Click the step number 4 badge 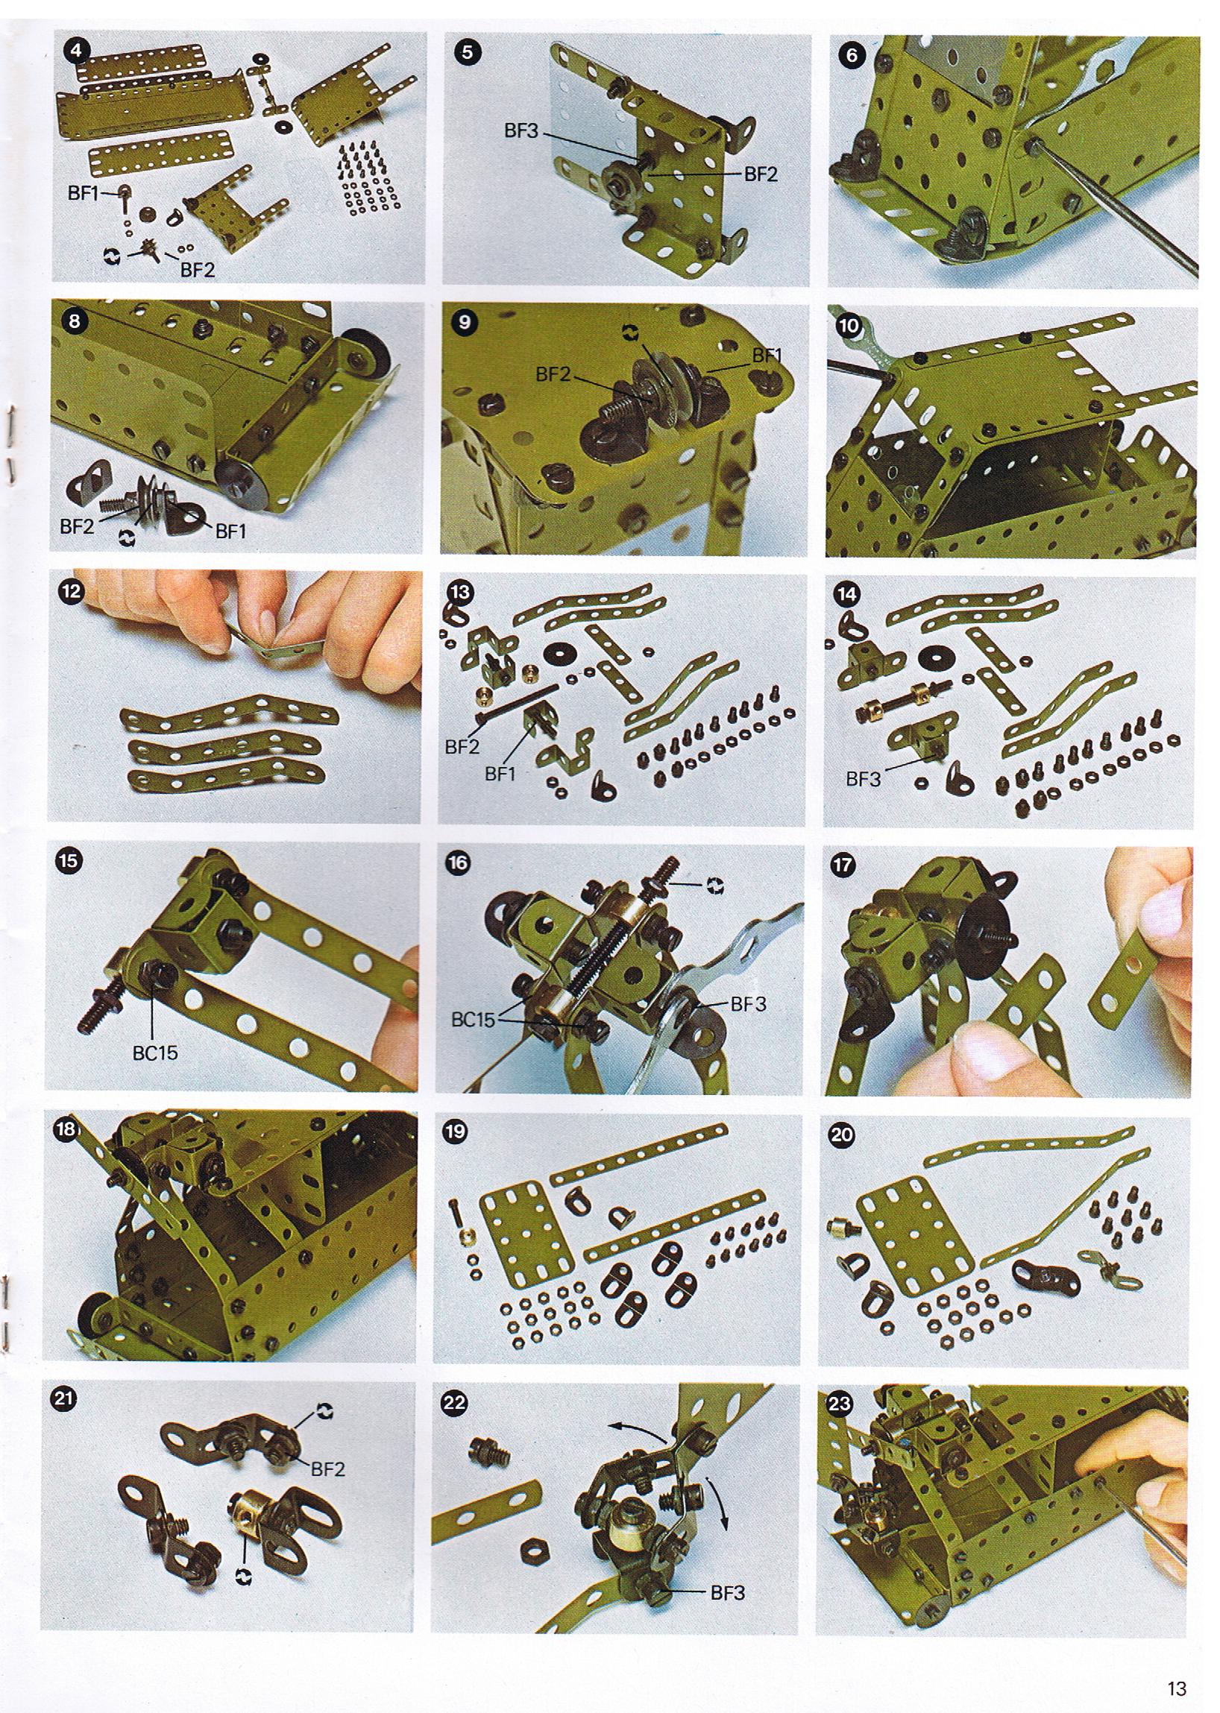[77, 51]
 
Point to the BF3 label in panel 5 [521, 130]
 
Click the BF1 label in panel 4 [84, 194]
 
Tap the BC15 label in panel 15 [156, 1053]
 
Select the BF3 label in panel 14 [863, 779]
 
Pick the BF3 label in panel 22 [727, 1593]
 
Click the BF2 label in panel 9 [553, 374]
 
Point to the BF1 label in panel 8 [230, 531]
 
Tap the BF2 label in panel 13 [462, 746]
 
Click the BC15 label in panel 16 [474, 1020]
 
